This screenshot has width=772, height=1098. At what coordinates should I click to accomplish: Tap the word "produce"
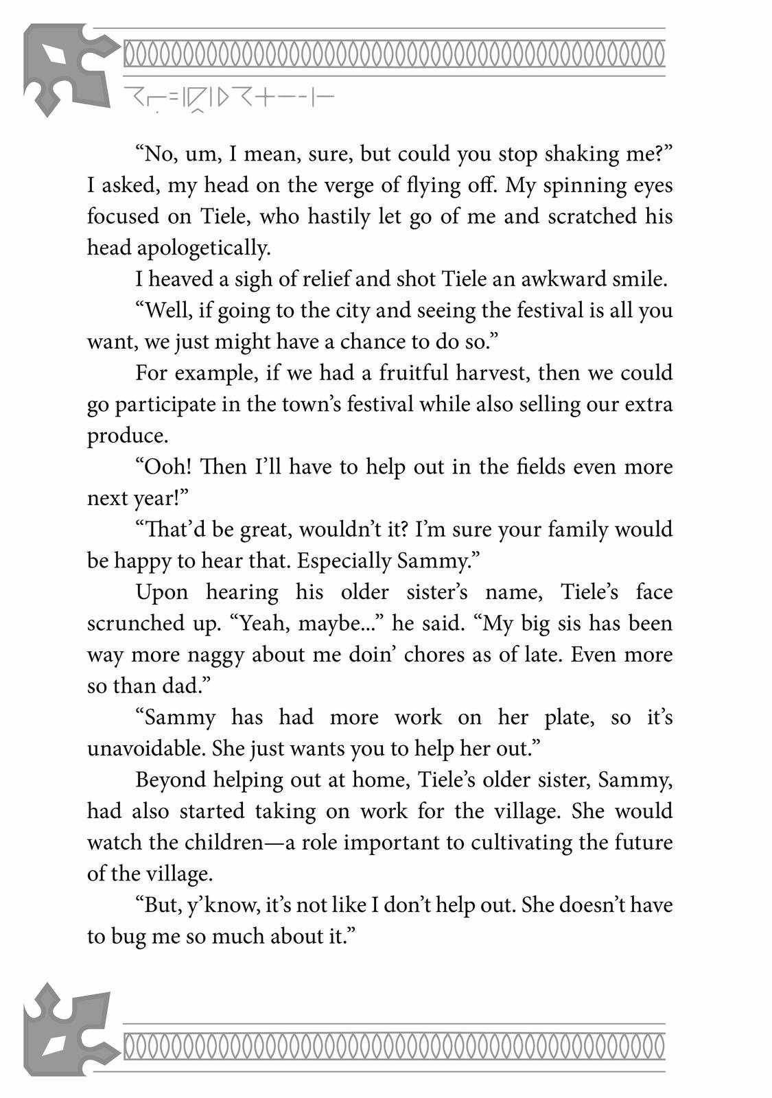(126, 436)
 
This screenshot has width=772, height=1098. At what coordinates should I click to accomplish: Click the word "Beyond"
(169, 780)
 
